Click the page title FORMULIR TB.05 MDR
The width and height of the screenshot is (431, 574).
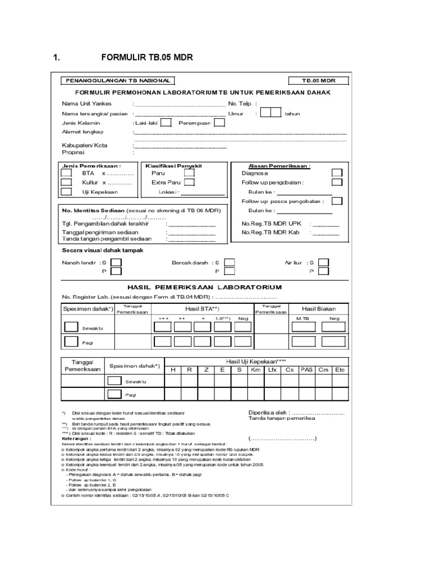(x=149, y=57)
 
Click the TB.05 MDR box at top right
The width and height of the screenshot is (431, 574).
(x=318, y=81)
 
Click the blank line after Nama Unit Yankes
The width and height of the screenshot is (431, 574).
(x=180, y=104)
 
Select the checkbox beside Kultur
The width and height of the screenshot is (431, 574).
(x=67, y=182)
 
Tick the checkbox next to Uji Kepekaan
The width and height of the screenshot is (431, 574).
(x=67, y=192)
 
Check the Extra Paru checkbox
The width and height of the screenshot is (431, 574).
(x=190, y=182)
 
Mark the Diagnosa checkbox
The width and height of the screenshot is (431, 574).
(x=337, y=173)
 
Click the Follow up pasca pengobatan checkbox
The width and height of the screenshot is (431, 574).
(x=337, y=201)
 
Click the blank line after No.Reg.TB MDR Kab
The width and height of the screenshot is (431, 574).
(x=326, y=233)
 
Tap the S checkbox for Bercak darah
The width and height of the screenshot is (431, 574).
(x=230, y=262)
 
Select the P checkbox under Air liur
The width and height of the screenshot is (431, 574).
(x=323, y=272)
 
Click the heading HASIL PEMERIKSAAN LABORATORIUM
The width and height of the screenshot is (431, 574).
(x=204, y=287)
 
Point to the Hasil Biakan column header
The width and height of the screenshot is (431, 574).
(x=318, y=309)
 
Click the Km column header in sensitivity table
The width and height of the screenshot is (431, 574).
(x=256, y=370)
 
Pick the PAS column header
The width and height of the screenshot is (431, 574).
(x=306, y=370)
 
